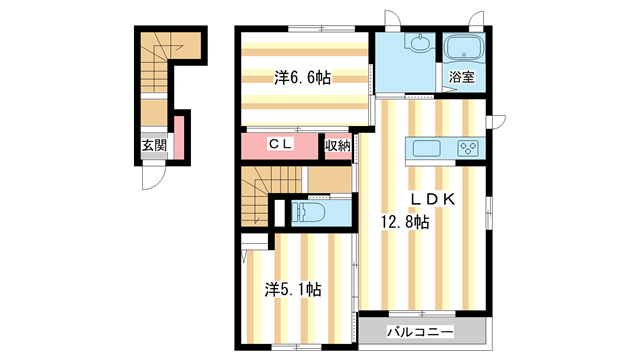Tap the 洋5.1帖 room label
pyautogui.click(x=293, y=289)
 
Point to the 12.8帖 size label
pyautogui.click(x=403, y=223)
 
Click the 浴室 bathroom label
pyautogui.click(x=461, y=77)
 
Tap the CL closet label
pyautogui.click(x=280, y=145)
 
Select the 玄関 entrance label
pyautogui.click(x=154, y=145)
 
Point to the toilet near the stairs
pyautogui.click(x=309, y=213)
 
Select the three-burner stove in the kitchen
pyautogui.click(x=468, y=150)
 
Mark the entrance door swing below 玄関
pyautogui.click(x=152, y=178)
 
